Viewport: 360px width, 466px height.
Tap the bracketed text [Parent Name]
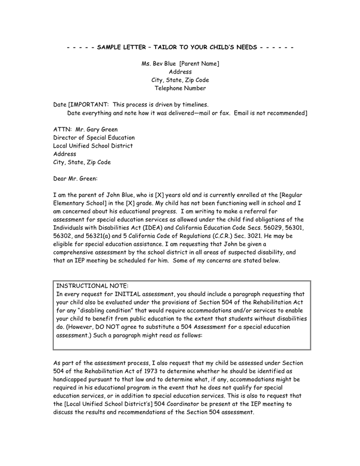pyautogui.click(x=199, y=64)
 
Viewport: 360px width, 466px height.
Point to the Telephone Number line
pyautogui.click(x=180, y=89)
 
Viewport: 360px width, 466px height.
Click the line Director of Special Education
pyautogui.click(x=94, y=138)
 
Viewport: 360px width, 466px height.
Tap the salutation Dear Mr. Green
pyautogui.click(x=75, y=179)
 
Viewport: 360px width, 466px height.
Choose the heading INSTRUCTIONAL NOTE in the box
pyautogui.click(x=92, y=286)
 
